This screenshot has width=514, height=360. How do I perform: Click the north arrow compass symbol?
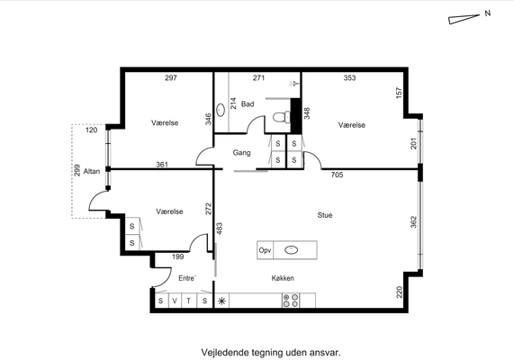coord(464,19)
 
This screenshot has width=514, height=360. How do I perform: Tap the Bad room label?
coord(248,103)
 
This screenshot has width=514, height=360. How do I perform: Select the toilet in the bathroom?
coord(282,117)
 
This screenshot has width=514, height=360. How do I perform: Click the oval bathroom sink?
coord(221,110)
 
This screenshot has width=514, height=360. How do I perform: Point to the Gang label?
coord(241,152)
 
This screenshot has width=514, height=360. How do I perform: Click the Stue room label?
coord(325,215)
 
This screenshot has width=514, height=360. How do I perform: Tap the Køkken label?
coord(283,278)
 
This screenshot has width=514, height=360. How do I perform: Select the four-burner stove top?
coord(291,301)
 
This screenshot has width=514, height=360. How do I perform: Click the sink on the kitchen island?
coord(291,250)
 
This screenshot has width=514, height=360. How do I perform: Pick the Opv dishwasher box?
coord(266,250)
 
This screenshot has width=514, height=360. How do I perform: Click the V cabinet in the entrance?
coord(175,301)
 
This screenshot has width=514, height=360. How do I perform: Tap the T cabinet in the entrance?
coord(189,301)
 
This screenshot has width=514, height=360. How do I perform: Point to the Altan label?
coord(92,171)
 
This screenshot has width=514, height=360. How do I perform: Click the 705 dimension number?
coord(337,175)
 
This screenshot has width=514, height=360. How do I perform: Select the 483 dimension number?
coord(220,229)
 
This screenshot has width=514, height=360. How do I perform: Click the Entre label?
coord(187,278)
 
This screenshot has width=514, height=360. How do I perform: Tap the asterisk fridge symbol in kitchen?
coord(221,301)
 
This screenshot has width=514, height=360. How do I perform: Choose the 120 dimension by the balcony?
coord(92,130)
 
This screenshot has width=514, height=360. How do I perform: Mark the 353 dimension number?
coord(350,77)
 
